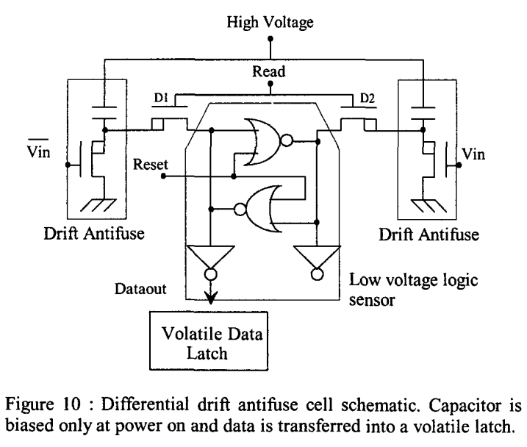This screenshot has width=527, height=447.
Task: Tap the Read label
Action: tap(271, 72)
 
